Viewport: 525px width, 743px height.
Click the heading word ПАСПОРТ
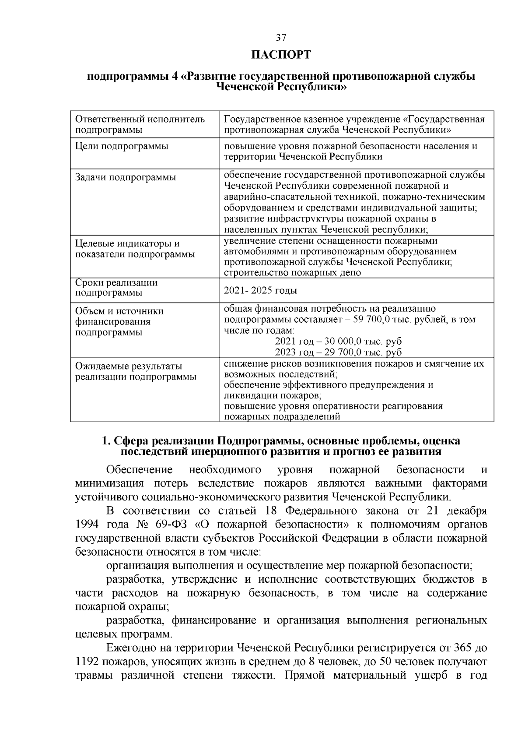pos(281,55)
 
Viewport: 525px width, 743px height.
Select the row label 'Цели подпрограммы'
pos(122,146)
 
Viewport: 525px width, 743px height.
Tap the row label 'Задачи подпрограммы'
pos(126,177)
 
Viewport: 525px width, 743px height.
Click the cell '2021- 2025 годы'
pos(260,291)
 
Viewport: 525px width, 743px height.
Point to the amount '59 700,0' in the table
pos(371,320)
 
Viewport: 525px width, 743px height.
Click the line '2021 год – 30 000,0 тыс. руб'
pos(338,342)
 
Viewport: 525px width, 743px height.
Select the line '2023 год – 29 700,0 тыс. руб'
pos(338,352)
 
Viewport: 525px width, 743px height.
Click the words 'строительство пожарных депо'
pos(292,272)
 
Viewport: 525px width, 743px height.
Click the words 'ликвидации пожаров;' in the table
pos(273,395)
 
